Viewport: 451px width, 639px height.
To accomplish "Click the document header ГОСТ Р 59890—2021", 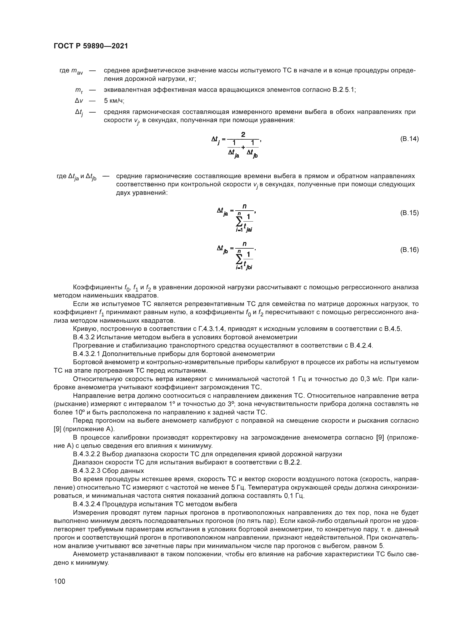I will [x=91, y=46].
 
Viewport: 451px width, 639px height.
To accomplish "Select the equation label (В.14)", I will [x=409, y=139].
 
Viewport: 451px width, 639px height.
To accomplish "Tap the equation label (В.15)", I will [x=409, y=213].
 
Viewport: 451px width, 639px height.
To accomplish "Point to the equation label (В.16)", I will [x=409, y=250].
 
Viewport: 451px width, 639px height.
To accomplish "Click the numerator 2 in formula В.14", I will [x=243, y=135].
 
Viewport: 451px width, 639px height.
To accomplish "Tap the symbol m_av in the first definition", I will [x=77, y=71].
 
